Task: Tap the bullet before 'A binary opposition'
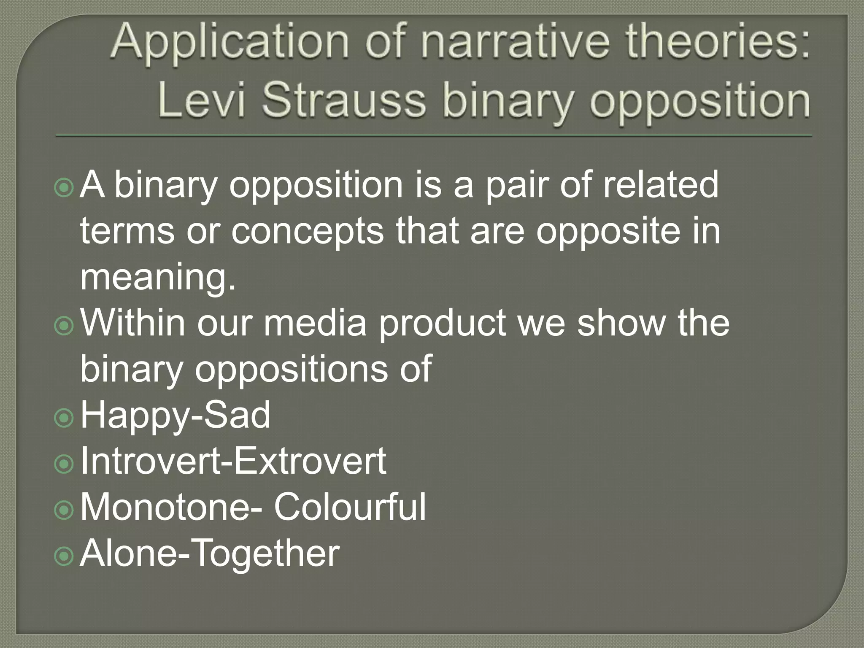tap(65, 187)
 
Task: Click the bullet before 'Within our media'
tap(65, 325)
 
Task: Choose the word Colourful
tap(350, 507)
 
